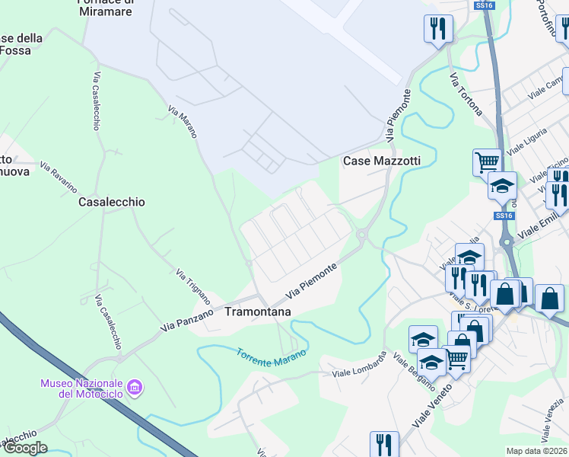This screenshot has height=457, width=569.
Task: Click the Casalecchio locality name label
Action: (112, 203)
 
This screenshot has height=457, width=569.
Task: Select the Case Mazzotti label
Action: (382, 161)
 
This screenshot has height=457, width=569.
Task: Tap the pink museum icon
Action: (135, 388)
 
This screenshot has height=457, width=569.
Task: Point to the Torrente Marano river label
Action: (271, 356)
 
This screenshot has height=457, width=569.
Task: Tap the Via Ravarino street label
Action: (59, 177)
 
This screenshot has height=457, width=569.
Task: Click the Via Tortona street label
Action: (466, 94)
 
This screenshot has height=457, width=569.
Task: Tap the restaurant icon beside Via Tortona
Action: (437, 29)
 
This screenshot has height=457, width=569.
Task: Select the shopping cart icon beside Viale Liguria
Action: (486, 161)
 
